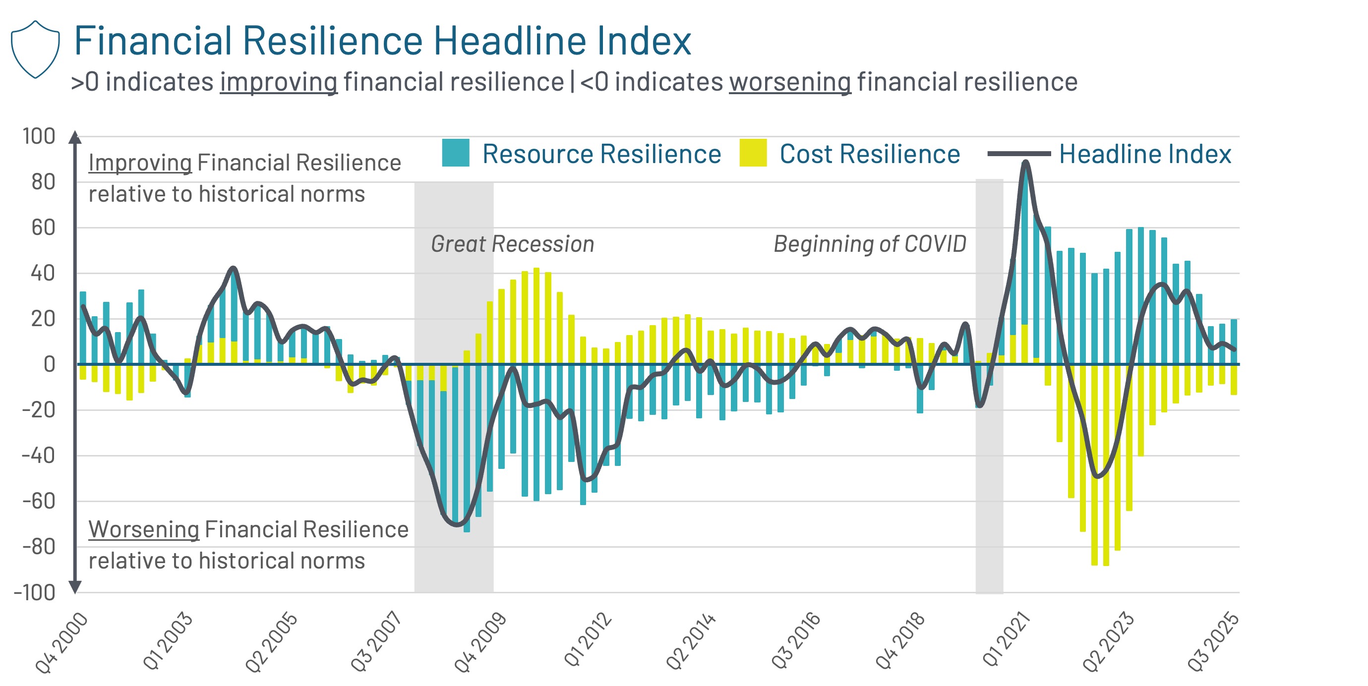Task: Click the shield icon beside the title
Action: (x=35, y=50)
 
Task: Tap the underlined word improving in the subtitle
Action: (x=279, y=82)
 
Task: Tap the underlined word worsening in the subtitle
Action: (x=790, y=82)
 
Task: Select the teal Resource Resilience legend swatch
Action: (x=455, y=153)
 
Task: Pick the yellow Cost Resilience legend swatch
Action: (x=753, y=153)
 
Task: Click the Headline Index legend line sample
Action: (x=1018, y=154)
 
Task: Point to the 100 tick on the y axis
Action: (x=38, y=136)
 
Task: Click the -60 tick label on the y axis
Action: (x=38, y=501)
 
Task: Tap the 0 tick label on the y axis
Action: (x=49, y=364)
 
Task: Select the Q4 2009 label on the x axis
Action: (x=479, y=642)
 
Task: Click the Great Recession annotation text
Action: (x=512, y=244)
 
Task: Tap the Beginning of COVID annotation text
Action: (x=869, y=244)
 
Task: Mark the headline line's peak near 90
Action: (x=1025, y=163)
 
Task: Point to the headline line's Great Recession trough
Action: (x=457, y=524)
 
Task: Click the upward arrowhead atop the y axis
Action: (x=75, y=137)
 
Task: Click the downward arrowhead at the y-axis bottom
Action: (x=75, y=587)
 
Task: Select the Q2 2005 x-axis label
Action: (x=271, y=642)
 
